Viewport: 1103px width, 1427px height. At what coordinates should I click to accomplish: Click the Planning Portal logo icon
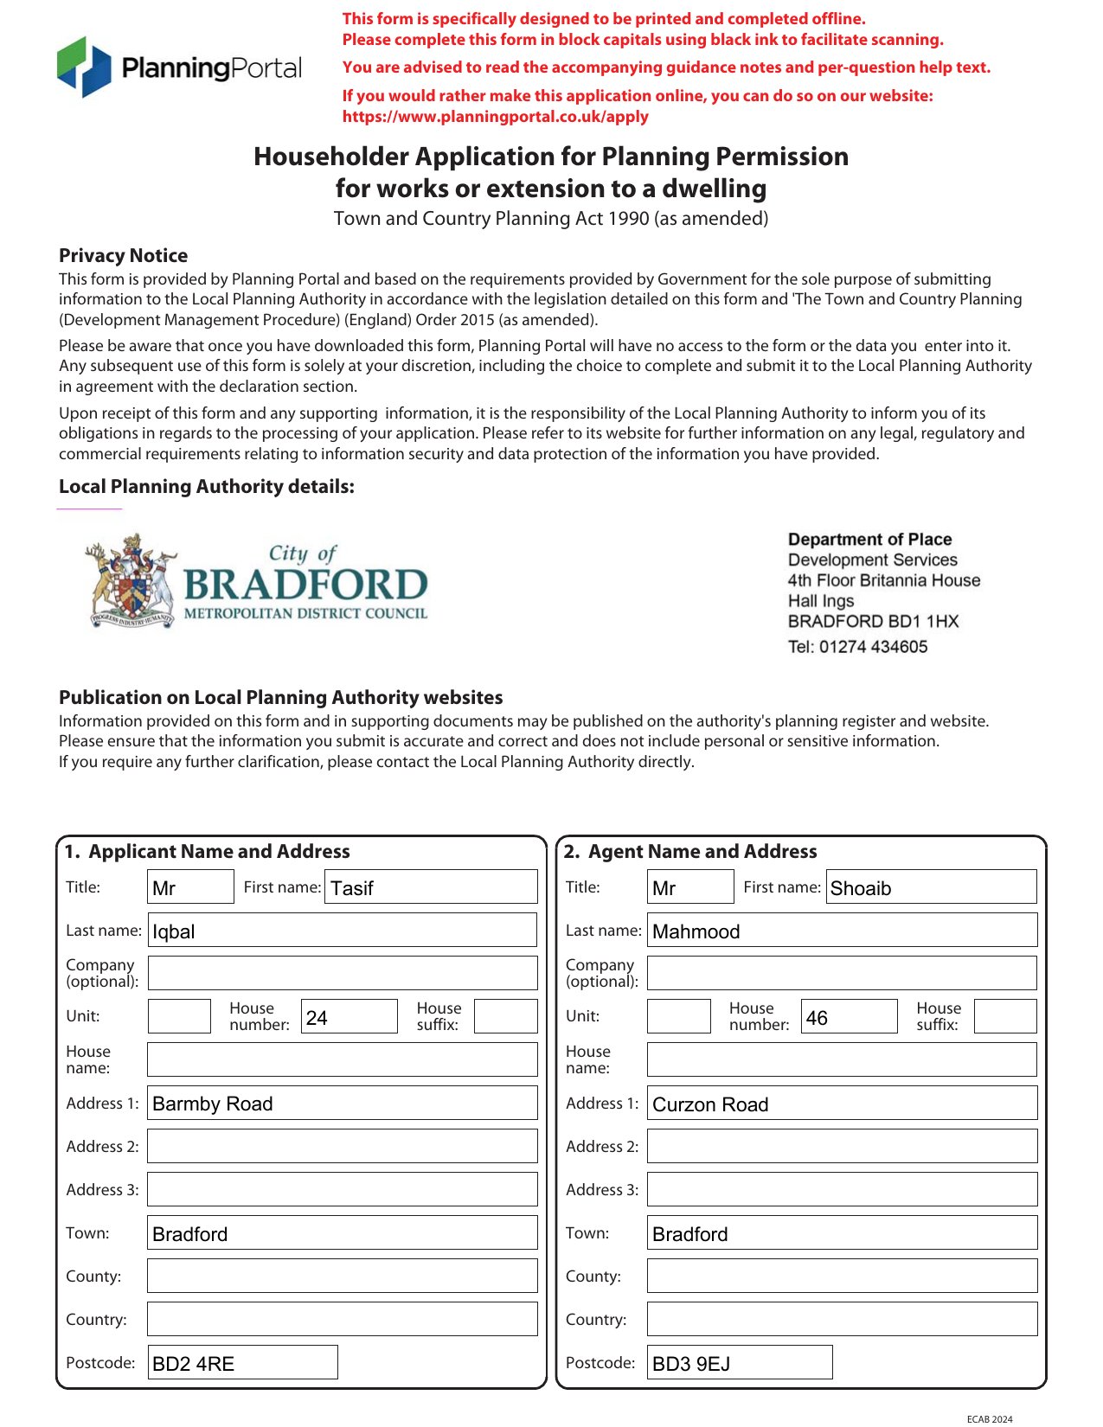[84, 67]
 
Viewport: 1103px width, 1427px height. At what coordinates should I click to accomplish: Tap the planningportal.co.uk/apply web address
[495, 117]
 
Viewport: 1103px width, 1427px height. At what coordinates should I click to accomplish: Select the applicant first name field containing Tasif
[431, 887]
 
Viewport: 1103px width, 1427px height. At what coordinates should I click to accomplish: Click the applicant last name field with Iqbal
[343, 931]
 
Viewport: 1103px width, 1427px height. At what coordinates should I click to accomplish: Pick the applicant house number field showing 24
[349, 1017]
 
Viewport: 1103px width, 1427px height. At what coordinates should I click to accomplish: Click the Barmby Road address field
[343, 1104]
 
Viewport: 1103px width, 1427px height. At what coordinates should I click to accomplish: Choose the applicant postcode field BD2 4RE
[242, 1363]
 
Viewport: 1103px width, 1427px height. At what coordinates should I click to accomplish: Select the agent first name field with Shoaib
[931, 887]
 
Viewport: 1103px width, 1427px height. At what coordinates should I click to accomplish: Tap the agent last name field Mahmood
[842, 931]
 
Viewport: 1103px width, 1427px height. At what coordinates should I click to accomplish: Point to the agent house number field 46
[849, 1017]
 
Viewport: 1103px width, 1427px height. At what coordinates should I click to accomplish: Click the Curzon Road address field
[842, 1104]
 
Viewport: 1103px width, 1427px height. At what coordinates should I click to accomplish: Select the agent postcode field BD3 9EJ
[740, 1363]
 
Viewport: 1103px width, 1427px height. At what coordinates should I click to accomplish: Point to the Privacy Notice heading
[123, 256]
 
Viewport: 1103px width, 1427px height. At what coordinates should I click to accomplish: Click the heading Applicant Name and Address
[219, 852]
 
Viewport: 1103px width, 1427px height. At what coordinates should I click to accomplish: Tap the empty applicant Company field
[343, 974]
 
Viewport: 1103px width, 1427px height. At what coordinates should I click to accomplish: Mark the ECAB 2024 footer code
[989, 1419]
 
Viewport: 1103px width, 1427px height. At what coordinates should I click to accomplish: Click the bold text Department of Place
[869, 540]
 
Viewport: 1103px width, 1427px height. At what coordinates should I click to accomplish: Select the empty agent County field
[842, 1277]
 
